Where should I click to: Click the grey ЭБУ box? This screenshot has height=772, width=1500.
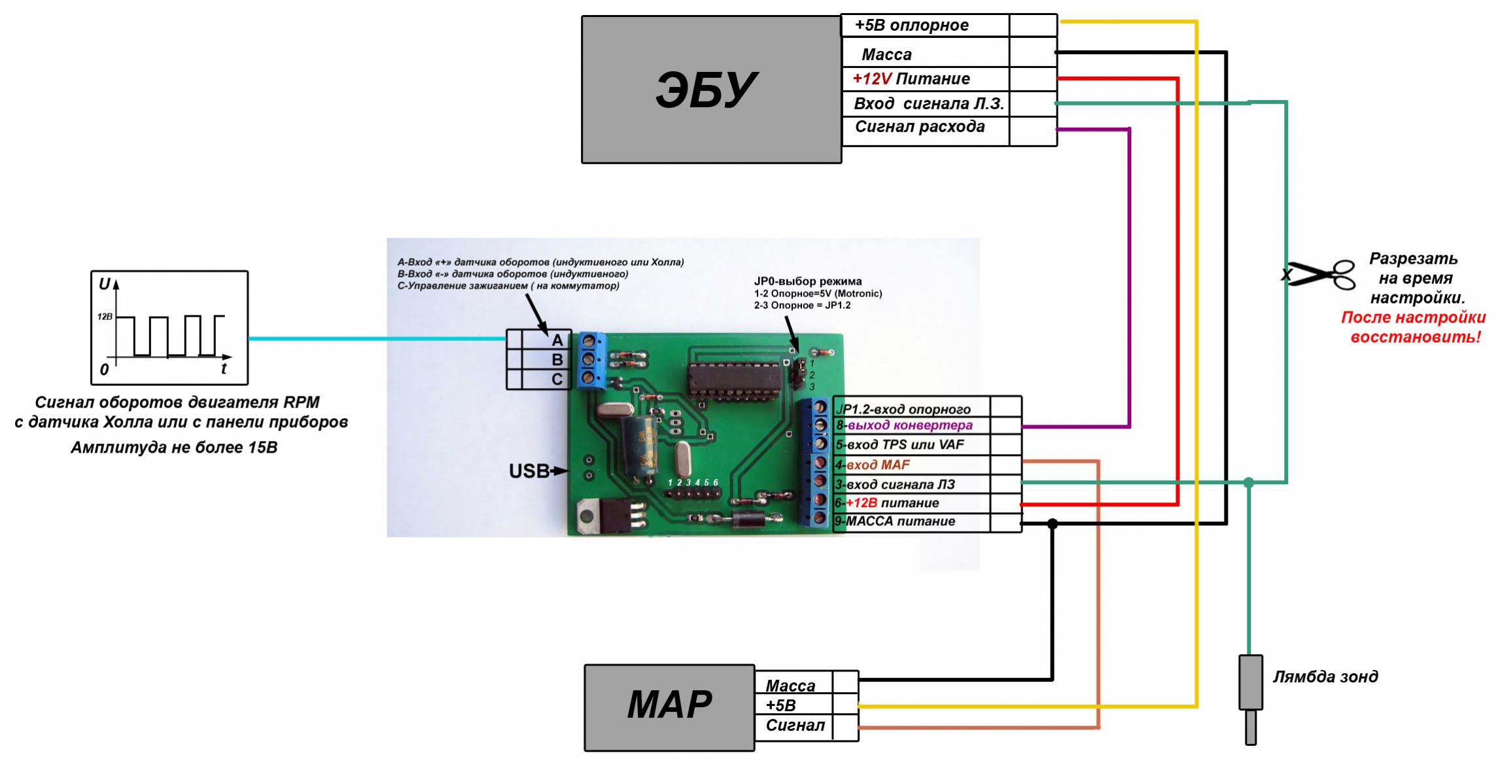point(711,90)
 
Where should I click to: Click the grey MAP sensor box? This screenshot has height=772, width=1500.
point(669,708)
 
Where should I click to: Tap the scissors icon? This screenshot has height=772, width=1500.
point(1318,275)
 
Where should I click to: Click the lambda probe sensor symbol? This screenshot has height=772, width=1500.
point(1250,699)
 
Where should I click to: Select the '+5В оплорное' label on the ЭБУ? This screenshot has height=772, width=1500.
point(912,26)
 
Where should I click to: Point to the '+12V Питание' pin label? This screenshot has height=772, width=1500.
point(911,79)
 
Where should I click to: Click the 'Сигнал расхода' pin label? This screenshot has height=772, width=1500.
point(920,127)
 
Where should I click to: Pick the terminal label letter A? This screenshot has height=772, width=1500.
point(557,340)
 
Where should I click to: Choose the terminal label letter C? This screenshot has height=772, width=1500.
point(557,379)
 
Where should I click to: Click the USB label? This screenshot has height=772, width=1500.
point(529,471)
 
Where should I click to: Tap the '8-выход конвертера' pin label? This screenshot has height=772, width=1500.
point(904,425)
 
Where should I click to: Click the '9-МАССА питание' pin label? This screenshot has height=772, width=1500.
point(895,521)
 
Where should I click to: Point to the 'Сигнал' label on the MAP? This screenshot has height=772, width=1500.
point(795,726)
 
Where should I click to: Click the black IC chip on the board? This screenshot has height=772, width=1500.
point(735,379)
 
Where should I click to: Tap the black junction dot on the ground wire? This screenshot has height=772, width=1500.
point(1052,523)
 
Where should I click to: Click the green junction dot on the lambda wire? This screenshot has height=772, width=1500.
point(1249,483)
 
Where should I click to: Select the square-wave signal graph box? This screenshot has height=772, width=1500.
point(169,328)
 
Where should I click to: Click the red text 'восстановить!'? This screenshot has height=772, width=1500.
point(1416,338)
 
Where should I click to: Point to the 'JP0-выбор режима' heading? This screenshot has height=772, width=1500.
point(808,282)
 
